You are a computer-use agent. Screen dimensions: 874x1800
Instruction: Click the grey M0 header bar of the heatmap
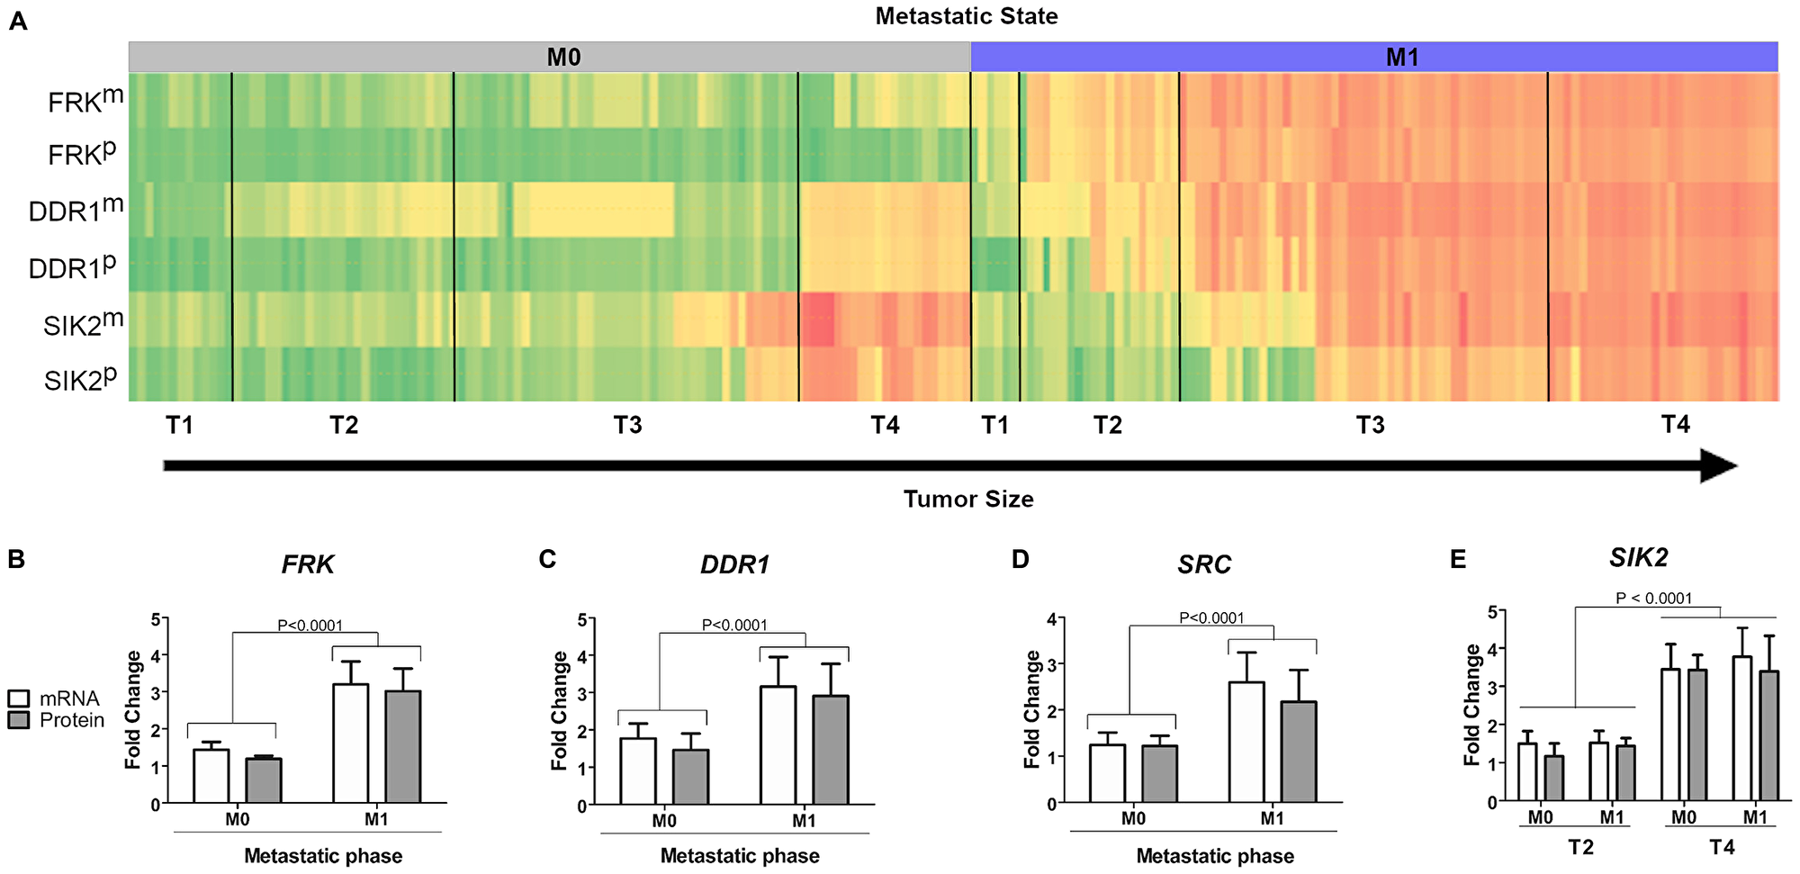[549, 57]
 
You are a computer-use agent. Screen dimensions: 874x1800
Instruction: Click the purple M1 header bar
[1373, 57]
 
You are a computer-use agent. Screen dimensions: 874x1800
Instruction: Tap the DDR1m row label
[76, 210]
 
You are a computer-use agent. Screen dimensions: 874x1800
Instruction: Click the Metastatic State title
[966, 16]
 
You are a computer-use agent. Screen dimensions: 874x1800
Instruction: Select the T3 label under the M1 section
[1370, 425]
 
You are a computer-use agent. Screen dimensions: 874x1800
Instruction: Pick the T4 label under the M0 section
[885, 425]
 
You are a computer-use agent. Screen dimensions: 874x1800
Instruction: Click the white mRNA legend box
[19, 698]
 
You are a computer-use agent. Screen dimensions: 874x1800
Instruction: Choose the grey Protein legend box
[19, 720]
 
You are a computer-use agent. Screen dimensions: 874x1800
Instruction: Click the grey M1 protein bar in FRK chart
[402, 747]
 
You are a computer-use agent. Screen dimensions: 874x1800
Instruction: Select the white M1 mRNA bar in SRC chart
[1246, 743]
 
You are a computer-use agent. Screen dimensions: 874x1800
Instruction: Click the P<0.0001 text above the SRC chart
[1211, 617]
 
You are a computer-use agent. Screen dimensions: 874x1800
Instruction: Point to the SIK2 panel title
[1638, 557]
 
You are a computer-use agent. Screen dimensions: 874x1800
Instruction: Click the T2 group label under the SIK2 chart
[1580, 847]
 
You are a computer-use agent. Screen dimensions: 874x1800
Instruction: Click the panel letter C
[547, 559]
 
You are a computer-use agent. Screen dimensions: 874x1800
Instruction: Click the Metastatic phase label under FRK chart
[323, 855]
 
